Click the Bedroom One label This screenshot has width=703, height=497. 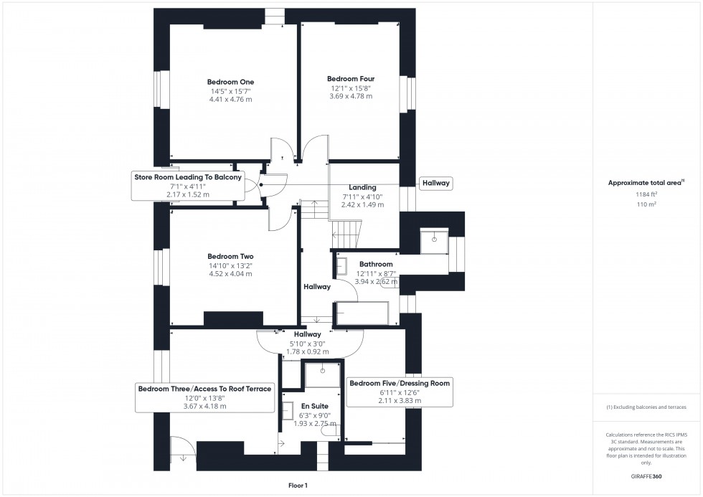click(231, 82)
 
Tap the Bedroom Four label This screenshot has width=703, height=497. click(351, 79)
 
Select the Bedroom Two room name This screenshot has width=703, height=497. click(230, 256)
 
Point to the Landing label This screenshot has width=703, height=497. click(359, 188)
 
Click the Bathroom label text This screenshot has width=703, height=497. click(376, 265)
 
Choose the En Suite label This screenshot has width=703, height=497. click(314, 406)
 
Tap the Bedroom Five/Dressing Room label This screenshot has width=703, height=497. click(400, 384)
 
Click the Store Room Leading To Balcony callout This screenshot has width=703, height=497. click(188, 176)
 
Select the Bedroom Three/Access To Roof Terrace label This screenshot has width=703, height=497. click(204, 389)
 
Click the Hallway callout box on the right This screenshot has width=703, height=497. click(435, 184)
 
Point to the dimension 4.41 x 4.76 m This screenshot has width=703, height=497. click(231, 100)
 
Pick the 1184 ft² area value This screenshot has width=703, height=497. click(646, 194)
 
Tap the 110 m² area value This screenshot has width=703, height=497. click(646, 204)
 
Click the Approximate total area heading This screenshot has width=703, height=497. click(646, 183)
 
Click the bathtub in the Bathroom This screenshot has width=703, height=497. click(362, 313)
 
